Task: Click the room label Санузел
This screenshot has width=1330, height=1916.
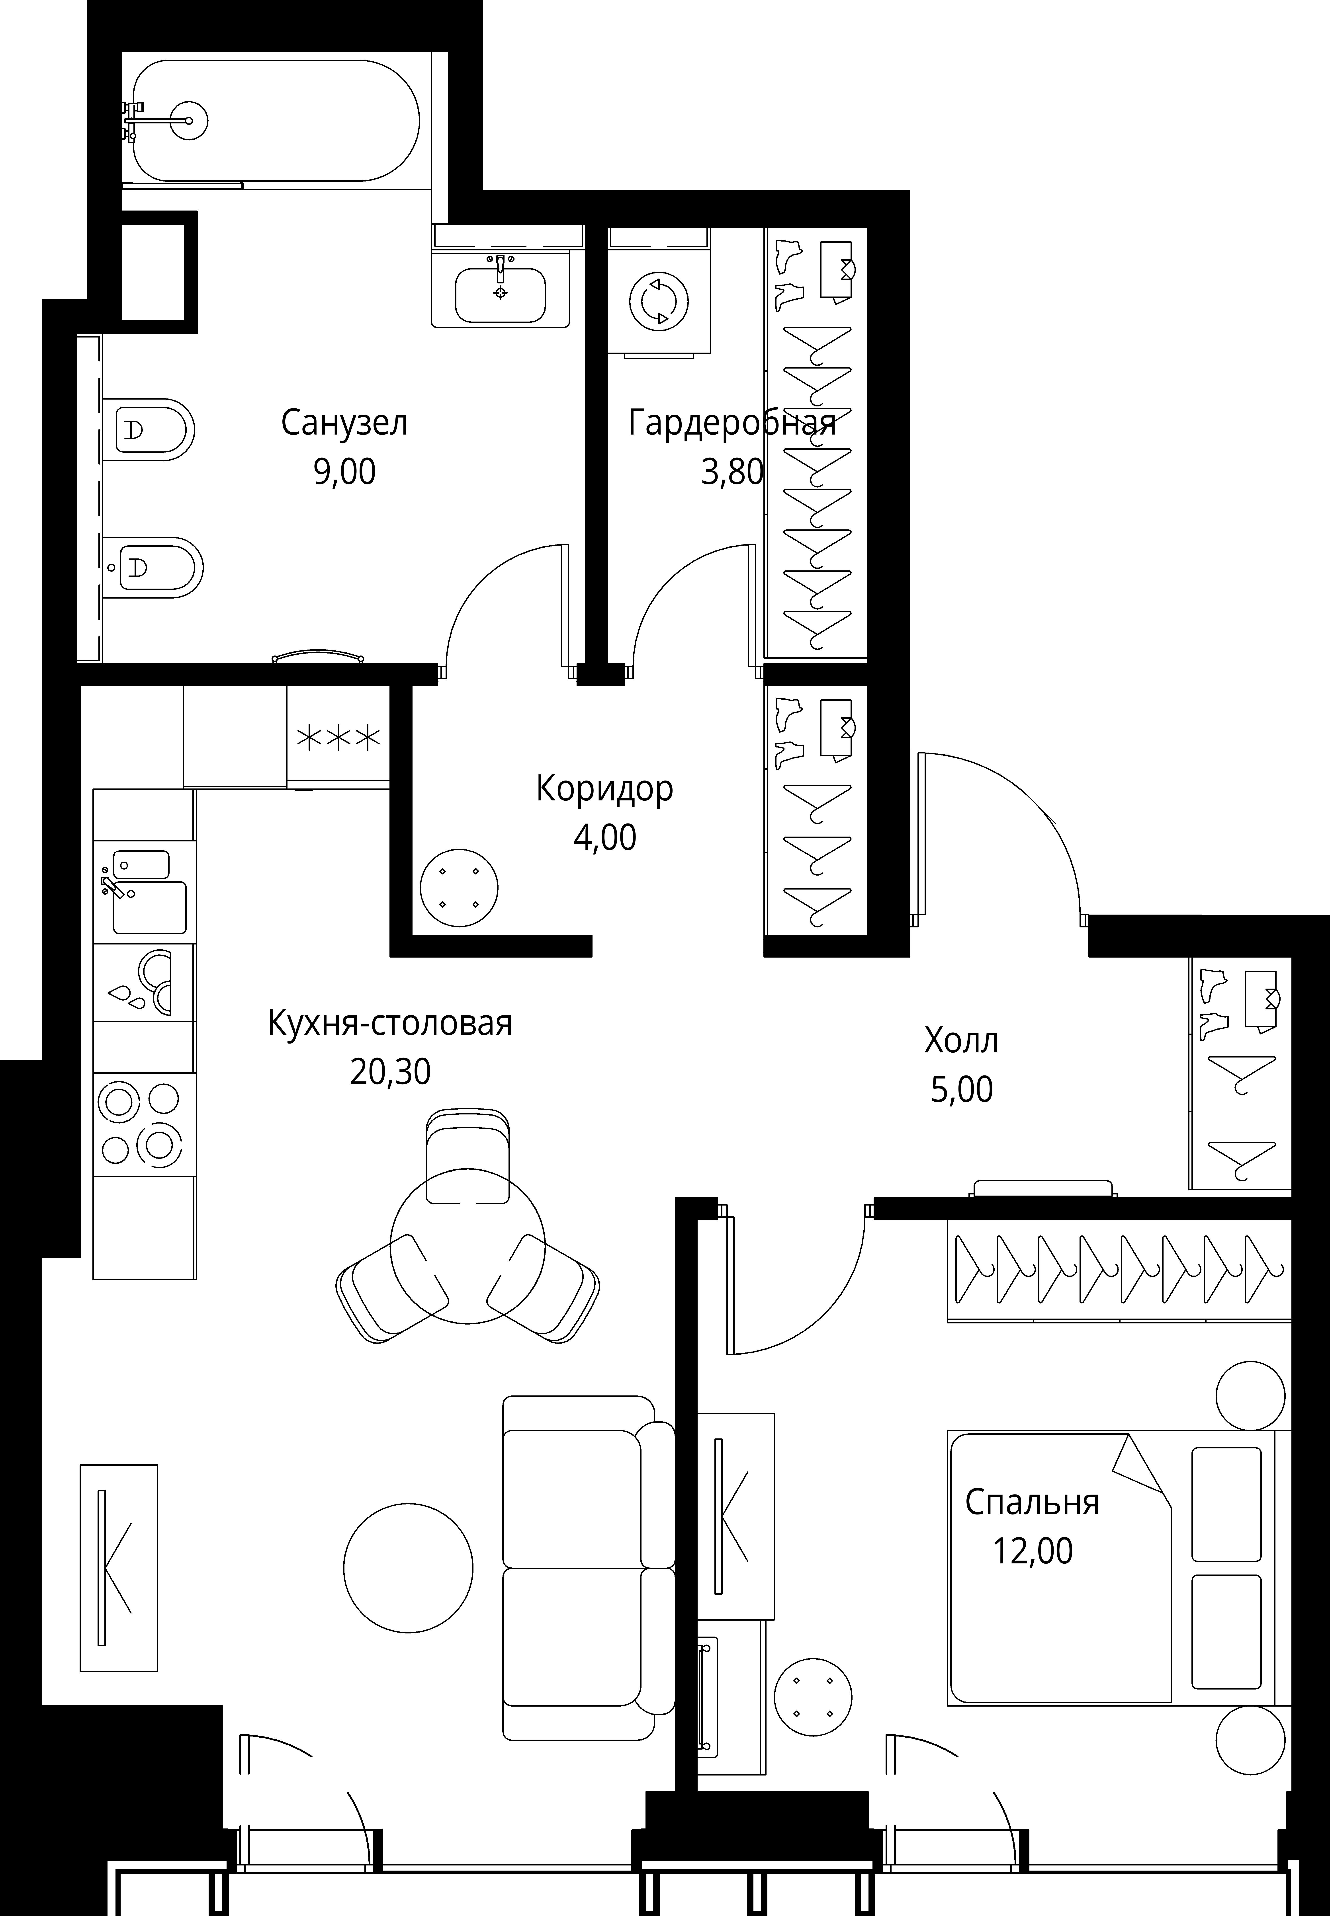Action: pos(344,423)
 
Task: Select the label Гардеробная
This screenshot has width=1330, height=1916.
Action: pos(732,423)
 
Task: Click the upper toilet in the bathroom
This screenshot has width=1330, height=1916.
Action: pos(150,430)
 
